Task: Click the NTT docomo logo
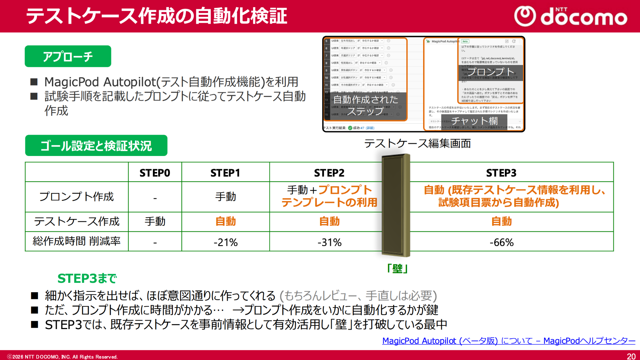point(571,16)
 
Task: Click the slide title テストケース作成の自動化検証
point(156,16)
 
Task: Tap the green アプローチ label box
point(68,56)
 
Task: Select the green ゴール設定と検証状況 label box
point(96,145)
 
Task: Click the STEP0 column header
point(155,173)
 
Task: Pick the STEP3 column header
point(501,173)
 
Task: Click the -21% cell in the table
point(225,242)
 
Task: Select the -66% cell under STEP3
point(501,242)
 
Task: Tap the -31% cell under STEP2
point(329,242)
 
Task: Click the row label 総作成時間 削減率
point(76,241)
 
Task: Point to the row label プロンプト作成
point(76,197)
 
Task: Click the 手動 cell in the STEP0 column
point(155,221)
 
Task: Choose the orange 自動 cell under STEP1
point(225,221)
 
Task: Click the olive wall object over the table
point(396,205)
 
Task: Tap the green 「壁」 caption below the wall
point(397,268)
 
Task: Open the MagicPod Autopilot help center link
point(508,341)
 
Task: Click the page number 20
point(631,356)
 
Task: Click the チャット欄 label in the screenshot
point(474,121)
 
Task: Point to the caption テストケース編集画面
point(417,143)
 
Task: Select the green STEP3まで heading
point(87,278)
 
